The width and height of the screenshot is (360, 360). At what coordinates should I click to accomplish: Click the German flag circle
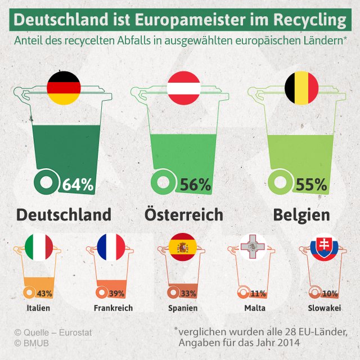pos(64,88)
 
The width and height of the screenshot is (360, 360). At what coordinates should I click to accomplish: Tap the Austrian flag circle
pos(184,88)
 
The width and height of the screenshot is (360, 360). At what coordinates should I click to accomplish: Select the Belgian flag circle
pos(301,88)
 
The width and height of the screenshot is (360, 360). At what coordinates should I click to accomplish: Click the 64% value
pos(78,184)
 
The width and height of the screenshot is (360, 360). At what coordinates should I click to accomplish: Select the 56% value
pos(195,184)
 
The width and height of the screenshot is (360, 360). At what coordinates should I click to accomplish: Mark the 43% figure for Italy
pos(44,294)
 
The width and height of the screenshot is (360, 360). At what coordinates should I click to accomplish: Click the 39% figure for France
pos(116,294)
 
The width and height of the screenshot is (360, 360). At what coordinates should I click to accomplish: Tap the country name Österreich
pos(184,215)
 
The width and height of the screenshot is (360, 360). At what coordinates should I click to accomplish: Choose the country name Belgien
pos(301,215)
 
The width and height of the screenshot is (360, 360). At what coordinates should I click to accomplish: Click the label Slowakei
pos(323,308)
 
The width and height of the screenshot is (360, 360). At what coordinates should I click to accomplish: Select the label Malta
pos(255,308)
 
